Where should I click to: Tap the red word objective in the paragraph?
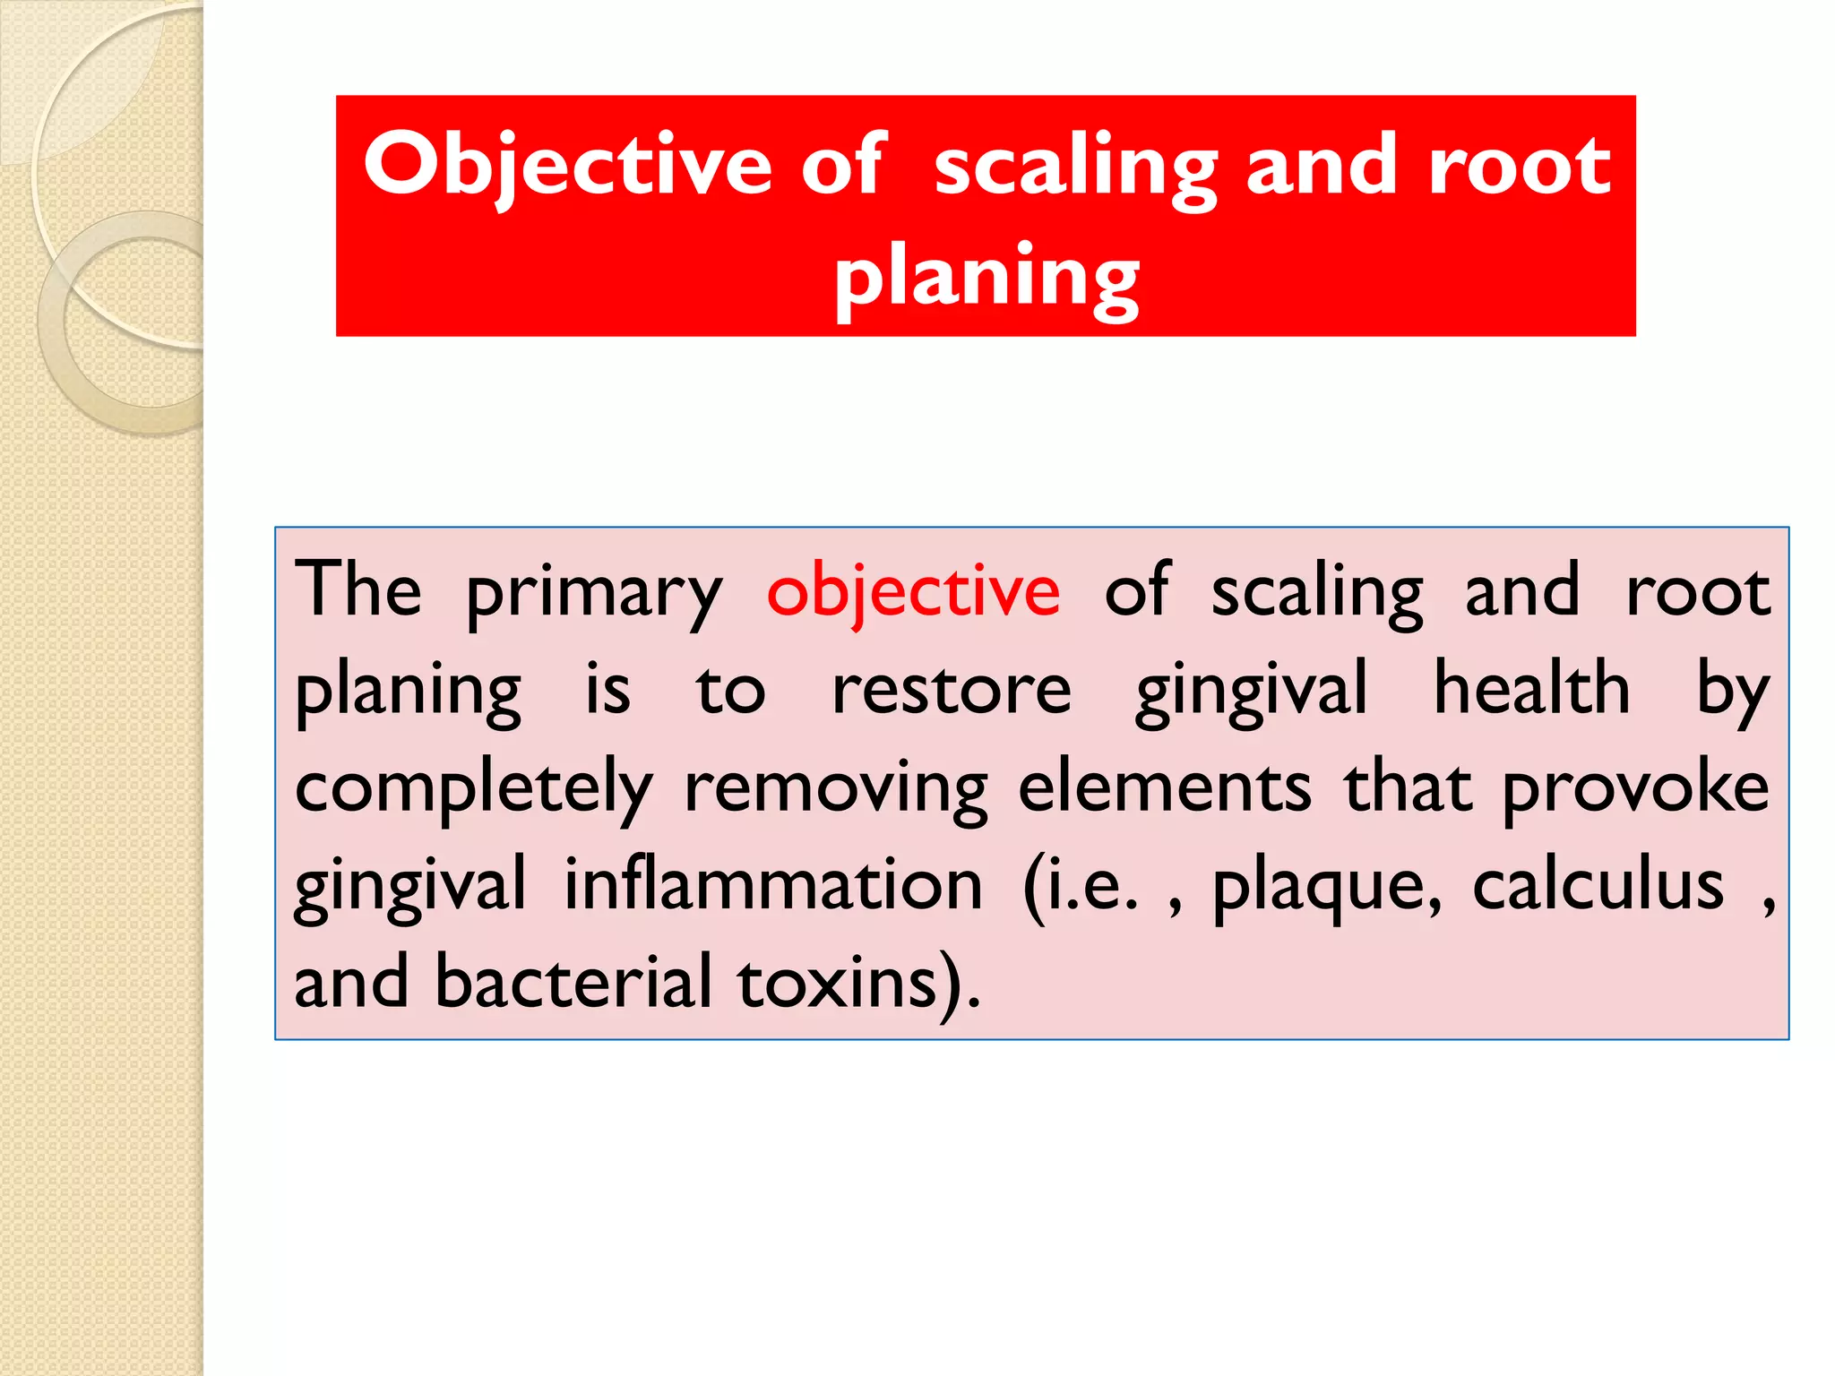[x=913, y=591]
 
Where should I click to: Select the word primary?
[x=593, y=593]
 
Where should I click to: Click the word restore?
[x=951, y=691]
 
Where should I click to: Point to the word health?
[x=1531, y=689]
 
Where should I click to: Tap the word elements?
[x=1164, y=787]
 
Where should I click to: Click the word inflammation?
[x=773, y=885]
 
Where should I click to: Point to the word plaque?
[x=1325, y=887]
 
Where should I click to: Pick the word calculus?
[x=1598, y=885]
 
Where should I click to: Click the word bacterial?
[x=573, y=982]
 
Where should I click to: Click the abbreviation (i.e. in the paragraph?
[x=1080, y=887]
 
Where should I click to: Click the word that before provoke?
[x=1407, y=787]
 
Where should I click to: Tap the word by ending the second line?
[x=1733, y=691]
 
